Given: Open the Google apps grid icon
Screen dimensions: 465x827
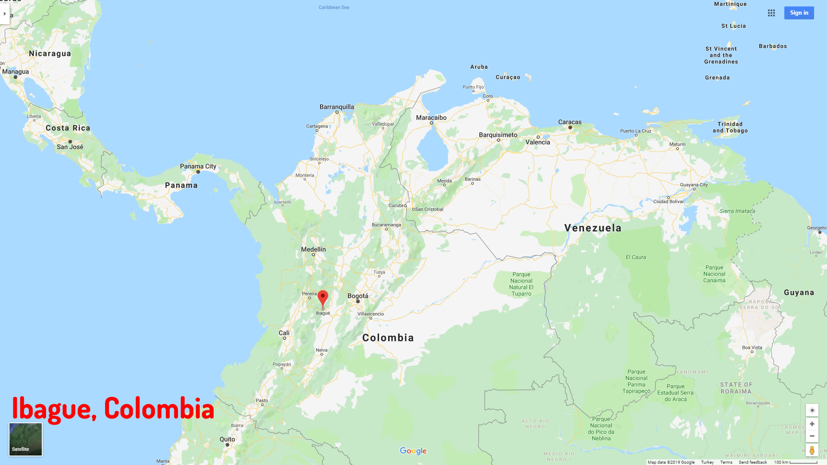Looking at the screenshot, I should (771, 13).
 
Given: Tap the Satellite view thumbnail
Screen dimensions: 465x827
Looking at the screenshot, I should (26, 439).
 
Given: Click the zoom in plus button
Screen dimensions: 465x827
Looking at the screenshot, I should (812, 424).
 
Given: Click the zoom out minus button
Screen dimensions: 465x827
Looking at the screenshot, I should (812, 436).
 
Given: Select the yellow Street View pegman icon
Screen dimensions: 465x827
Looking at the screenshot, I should (812, 450).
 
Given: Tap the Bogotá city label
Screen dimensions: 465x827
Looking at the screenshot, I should (358, 296).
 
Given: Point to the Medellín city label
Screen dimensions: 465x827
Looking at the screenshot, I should (314, 250).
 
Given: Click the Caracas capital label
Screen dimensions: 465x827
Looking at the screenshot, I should (570, 122).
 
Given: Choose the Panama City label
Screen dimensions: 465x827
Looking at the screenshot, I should (198, 167).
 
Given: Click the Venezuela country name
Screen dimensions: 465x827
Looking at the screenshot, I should (593, 228).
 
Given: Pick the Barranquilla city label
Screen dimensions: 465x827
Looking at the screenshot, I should (337, 107).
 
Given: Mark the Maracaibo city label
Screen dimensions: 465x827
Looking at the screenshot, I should (431, 118).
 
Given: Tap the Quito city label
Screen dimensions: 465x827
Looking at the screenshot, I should (227, 440).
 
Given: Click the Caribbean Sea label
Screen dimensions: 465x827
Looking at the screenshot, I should (334, 7).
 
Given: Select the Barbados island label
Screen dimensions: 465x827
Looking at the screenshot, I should (773, 46).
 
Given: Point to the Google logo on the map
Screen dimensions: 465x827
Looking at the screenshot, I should (413, 451).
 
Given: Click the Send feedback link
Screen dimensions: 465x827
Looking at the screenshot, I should (752, 462).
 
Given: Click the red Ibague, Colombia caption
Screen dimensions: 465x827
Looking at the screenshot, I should (113, 409).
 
